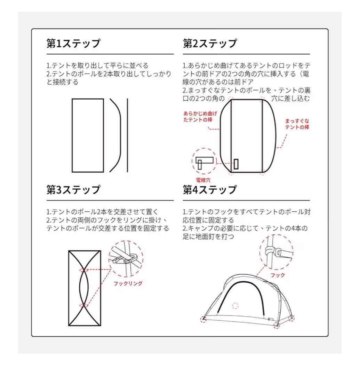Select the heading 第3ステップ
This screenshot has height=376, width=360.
pos(73,190)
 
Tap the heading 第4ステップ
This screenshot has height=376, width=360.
pos(210,190)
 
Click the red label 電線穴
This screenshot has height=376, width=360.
pos(203,180)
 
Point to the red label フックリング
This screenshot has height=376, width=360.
pos(128,283)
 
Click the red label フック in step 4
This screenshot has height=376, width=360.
pos(278,275)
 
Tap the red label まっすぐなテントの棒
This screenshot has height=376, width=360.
pos(297,124)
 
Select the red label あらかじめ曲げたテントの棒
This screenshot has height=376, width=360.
pos(200,117)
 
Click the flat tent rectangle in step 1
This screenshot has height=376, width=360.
pos(88,135)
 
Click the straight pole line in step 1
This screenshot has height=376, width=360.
pos(127,135)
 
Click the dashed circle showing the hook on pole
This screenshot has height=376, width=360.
pos(276,251)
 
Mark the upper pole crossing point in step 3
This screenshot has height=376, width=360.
pos(84,270)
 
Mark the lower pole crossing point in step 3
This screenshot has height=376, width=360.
pos(84,305)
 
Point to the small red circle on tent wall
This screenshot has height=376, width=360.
pos(235,306)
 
